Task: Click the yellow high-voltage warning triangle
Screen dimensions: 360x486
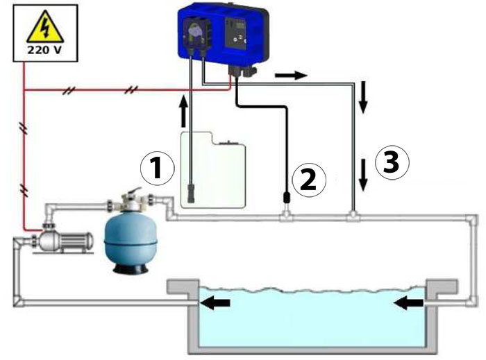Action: pos(44,30)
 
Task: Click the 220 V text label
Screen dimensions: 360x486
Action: pos(44,50)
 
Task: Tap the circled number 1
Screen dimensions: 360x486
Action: pos(156,169)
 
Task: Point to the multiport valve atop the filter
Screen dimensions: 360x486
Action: pos(129,202)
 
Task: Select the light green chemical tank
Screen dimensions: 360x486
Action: pos(212,170)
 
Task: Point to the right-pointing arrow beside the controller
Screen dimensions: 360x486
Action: pos(290,74)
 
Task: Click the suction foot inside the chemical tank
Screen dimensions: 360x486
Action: pos(191,191)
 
